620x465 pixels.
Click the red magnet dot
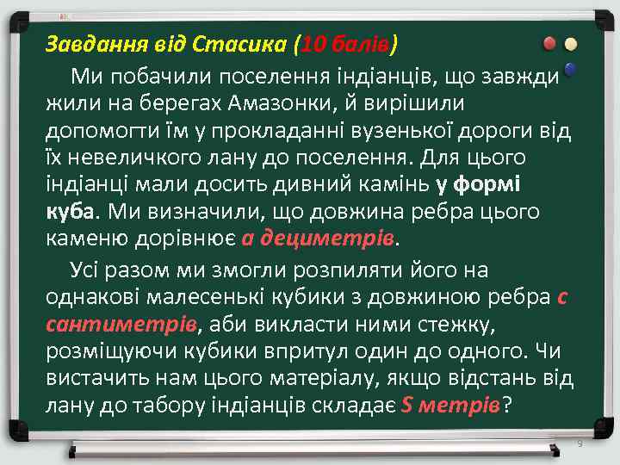coord(549,43)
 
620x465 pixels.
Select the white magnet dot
coord(570,43)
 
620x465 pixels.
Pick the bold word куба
coord(72,211)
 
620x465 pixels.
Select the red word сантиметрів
coord(121,325)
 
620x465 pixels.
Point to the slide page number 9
coord(580,443)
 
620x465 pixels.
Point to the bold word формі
coord(494,184)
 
